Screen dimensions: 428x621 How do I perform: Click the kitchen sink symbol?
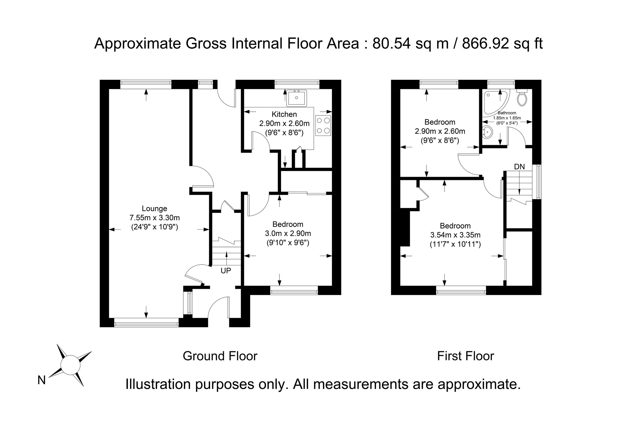click(297, 98)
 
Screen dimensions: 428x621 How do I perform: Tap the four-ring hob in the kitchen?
click(323, 125)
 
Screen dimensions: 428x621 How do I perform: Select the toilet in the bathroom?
click(522, 99)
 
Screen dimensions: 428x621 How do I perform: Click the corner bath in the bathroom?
click(493, 103)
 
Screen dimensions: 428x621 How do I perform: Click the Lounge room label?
click(154, 208)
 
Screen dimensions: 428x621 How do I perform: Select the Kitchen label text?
click(284, 114)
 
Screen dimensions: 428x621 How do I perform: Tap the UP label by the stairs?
click(226, 271)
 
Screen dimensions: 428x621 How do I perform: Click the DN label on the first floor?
click(519, 167)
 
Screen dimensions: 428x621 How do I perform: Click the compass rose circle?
click(70, 365)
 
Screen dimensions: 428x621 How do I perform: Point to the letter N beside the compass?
click(41, 380)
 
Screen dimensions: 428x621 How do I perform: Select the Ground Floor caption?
click(220, 356)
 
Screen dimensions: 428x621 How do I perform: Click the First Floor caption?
click(465, 356)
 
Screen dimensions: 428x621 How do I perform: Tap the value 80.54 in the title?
click(391, 43)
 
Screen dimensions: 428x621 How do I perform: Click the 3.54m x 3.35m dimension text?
click(455, 235)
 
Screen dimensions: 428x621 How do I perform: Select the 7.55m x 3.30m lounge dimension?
click(154, 217)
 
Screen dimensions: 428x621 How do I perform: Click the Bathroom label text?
click(507, 113)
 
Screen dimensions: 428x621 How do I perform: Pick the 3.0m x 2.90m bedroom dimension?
click(288, 233)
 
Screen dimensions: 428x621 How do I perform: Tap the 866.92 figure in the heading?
click(485, 43)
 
